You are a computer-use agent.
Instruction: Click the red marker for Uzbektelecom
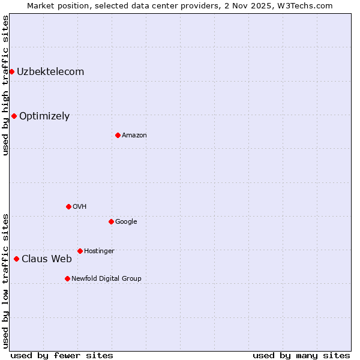tap(11, 72)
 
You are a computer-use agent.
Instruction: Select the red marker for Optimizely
tap(14, 116)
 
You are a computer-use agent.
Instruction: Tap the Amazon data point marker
tap(118, 135)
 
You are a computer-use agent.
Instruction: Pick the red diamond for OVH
tap(68, 206)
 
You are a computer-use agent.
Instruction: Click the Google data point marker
tap(111, 221)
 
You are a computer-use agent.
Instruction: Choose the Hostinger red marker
tap(80, 251)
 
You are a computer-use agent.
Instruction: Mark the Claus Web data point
tap(16, 259)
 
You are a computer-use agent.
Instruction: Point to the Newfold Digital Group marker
tap(67, 278)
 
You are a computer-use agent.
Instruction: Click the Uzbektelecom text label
tap(50, 72)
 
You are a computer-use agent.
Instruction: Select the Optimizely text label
tap(44, 116)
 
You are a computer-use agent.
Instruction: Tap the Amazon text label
tap(134, 136)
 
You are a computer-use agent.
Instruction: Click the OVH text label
tap(80, 207)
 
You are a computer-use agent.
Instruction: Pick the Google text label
tap(126, 222)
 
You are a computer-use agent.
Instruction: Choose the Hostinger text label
tap(99, 251)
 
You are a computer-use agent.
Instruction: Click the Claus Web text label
tap(47, 259)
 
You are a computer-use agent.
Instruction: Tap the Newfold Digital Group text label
tap(106, 279)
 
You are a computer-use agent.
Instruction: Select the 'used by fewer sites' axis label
tap(62, 356)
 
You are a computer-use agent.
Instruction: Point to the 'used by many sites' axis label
tap(301, 356)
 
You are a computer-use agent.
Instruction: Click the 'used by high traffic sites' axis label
tap(5, 85)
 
